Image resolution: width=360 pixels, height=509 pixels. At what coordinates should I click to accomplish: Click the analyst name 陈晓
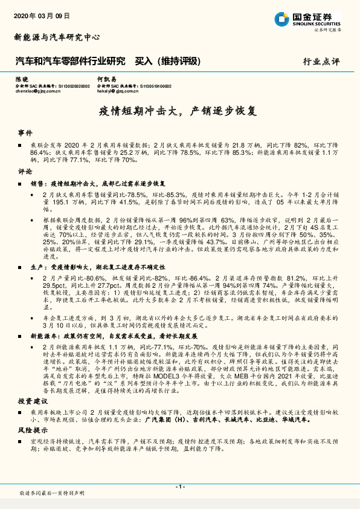(21, 79)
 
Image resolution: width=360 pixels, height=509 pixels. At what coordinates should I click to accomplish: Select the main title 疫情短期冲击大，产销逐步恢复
(179, 112)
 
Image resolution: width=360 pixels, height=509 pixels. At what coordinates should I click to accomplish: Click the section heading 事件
(25, 132)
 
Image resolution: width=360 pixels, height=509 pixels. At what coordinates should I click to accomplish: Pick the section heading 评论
(25, 172)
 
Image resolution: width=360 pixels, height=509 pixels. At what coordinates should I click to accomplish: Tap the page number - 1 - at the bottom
(179, 487)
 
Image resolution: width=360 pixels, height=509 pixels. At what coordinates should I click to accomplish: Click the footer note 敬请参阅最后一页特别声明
(50, 494)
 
